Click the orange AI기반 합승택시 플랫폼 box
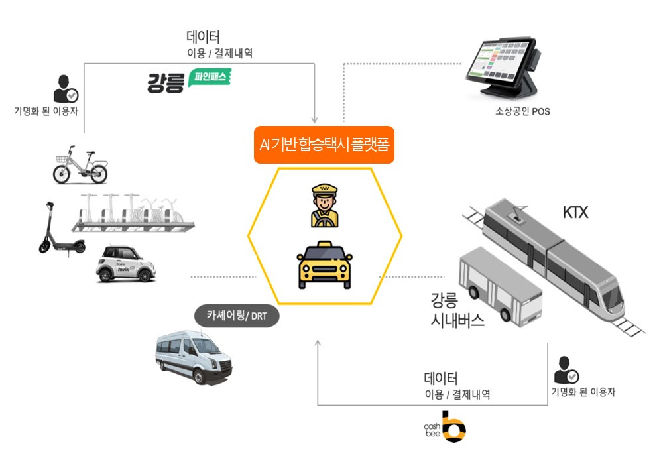click(x=324, y=145)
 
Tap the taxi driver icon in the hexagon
click(x=324, y=206)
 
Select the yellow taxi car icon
click(x=324, y=265)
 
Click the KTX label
click(x=575, y=213)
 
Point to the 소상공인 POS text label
click(x=522, y=111)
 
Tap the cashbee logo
click(x=445, y=427)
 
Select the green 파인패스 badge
click(x=210, y=78)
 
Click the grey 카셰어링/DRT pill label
click(x=237, y=316)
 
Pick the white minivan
click(x=194, y=357)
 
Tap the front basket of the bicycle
click(x=62, y=159)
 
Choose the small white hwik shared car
click(x=126, y=264)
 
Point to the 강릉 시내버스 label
click(x=457, y=310)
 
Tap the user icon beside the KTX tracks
click(x=566, y=370)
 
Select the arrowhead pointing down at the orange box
click(x=314, y=119)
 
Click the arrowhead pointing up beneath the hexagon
click(x=318, y=343)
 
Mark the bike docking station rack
click(x=133, y=213)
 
